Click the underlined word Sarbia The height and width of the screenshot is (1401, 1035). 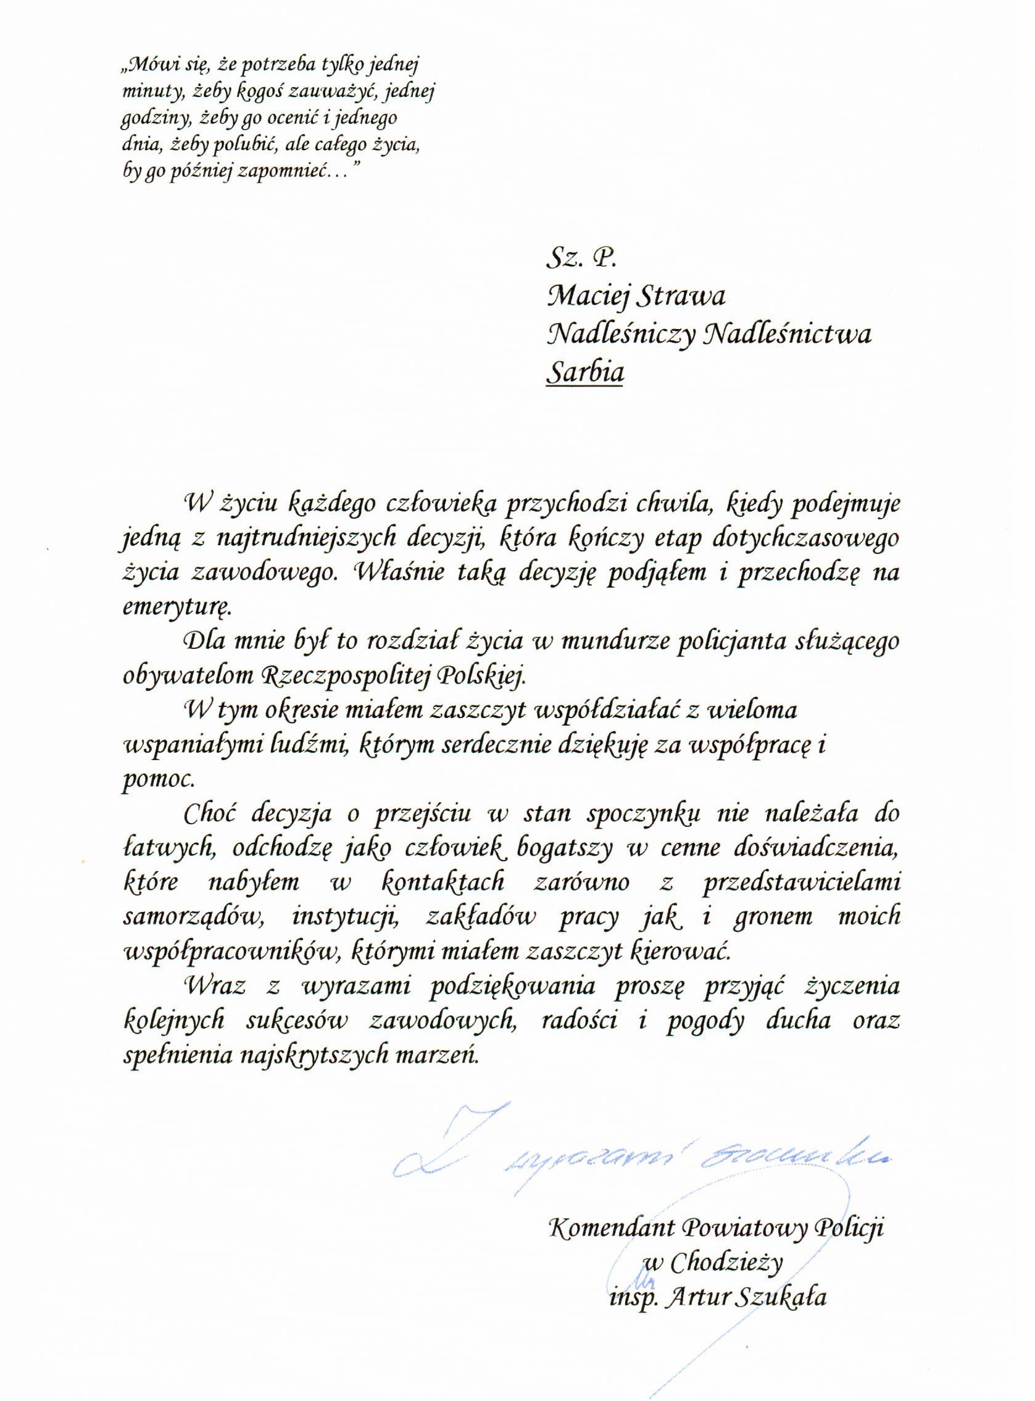tap(585, 373)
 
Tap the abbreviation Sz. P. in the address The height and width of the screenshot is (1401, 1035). tap(573, 257)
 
